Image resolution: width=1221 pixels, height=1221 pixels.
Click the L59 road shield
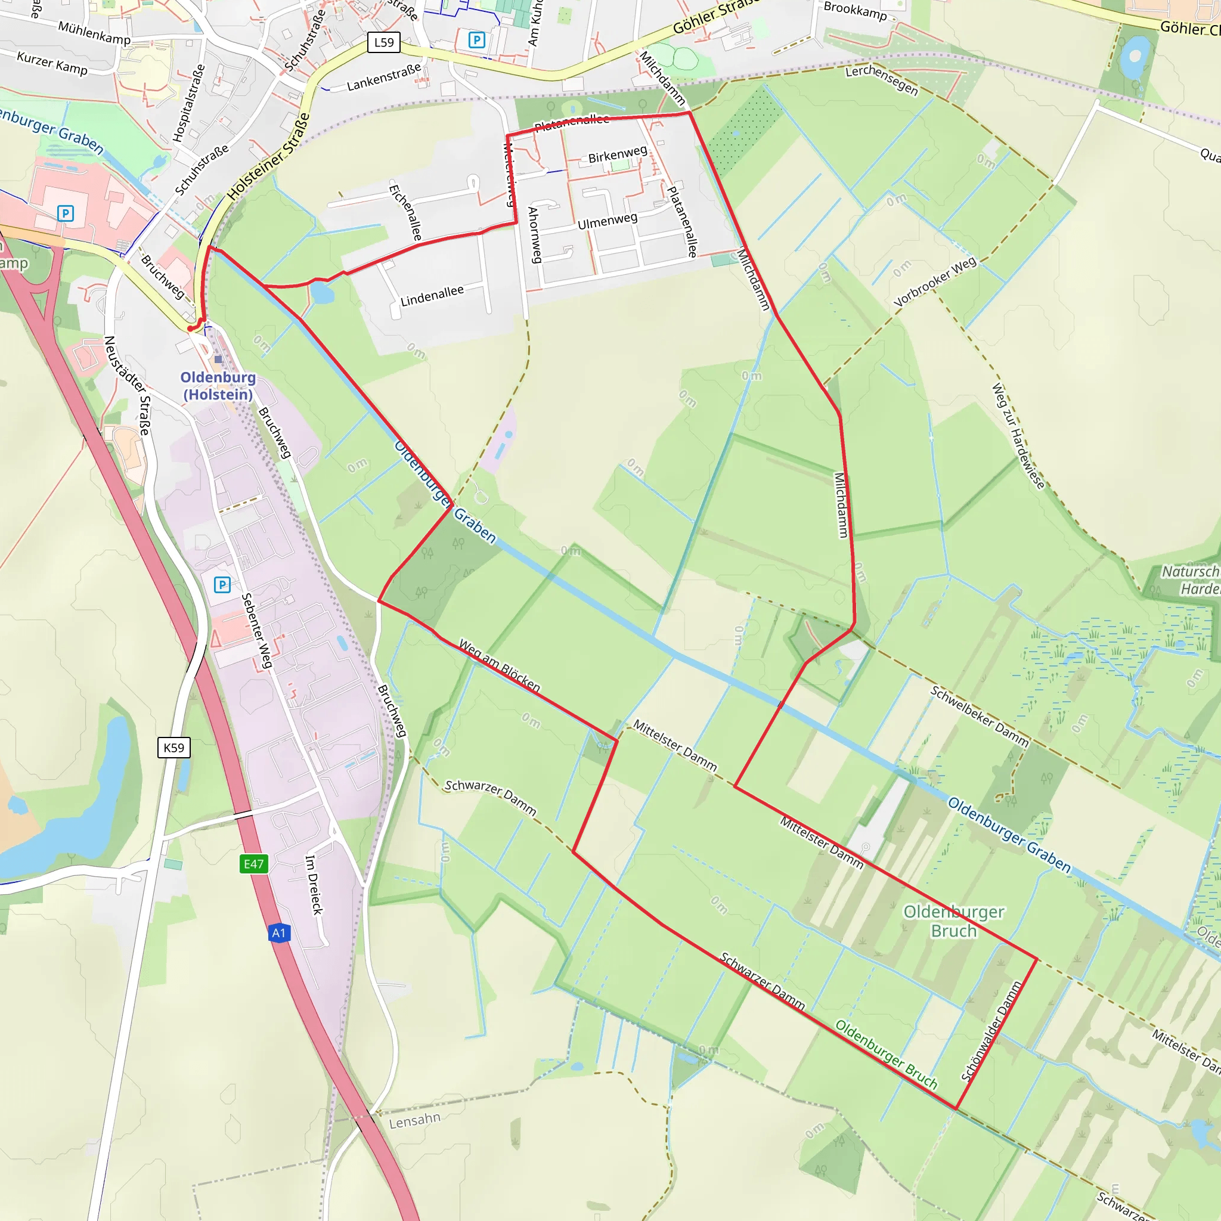[383, 42]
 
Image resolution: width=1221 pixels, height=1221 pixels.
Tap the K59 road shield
[174, 748]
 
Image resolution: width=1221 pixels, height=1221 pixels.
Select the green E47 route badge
[253, 864]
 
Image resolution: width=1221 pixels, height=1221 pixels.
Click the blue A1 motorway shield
[278, 933]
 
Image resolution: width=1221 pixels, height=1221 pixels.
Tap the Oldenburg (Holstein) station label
[218, 386]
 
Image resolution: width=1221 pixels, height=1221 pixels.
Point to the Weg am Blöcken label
[499, 665]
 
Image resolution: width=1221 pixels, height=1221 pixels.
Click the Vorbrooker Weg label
[935, 282]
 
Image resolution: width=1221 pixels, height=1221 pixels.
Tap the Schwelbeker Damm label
[979, 716]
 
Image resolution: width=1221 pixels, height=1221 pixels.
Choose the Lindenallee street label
[432, 295]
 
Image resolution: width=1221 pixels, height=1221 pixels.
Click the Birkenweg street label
[618, 154]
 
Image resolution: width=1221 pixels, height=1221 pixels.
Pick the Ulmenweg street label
[608, 221]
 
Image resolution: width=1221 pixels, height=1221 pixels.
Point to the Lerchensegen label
[882, 80]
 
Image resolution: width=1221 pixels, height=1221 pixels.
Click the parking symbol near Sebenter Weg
[222, 585]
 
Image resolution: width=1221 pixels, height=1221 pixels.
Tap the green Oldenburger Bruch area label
[953, 921]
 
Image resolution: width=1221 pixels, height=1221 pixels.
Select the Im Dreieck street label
[314, 885]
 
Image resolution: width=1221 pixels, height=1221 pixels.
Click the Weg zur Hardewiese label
[1018, 435]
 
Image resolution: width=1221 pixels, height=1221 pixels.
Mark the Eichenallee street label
[405, 212]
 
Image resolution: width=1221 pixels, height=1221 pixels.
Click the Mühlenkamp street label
[94, 33]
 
